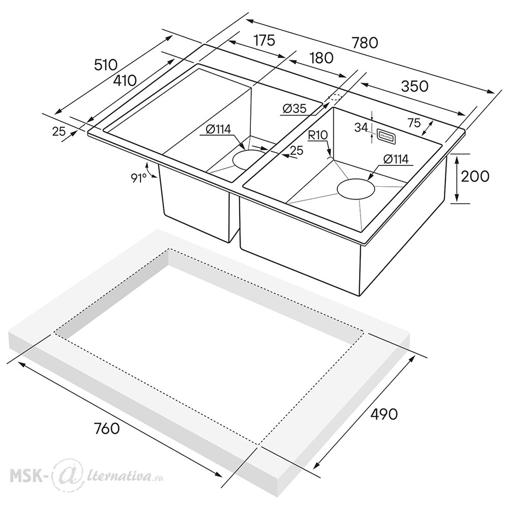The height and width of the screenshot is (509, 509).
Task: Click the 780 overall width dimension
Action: (365, 43)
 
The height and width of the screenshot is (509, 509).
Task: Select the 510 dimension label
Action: (105, 65)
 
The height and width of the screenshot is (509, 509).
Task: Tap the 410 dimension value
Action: (125, 80)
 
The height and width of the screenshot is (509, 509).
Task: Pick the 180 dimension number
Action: (321, 58)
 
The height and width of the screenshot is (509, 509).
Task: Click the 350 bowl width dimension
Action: (414, 86)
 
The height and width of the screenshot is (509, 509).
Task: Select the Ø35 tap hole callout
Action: (294, 108)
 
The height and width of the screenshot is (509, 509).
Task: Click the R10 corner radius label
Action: (318, 135)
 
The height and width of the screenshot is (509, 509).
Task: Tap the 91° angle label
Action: (138, 178)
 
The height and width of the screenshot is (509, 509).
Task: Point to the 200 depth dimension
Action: (475, 176)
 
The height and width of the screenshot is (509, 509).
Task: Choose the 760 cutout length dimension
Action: (106, 429)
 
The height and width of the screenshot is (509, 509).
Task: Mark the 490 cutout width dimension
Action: (384, 414)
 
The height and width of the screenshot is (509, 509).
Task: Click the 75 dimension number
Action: (414, 123)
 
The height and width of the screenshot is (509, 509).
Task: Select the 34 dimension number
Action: (361, 128)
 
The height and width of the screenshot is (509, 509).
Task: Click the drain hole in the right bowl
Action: (356, 188)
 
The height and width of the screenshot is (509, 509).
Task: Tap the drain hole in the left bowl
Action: (250, 159)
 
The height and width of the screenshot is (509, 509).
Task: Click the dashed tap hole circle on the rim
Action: (335, 97)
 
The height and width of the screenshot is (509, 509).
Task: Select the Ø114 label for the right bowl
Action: (395, 159)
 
